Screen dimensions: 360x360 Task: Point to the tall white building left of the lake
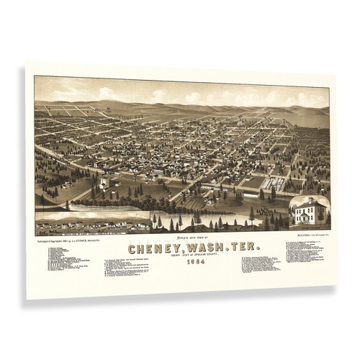105,184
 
